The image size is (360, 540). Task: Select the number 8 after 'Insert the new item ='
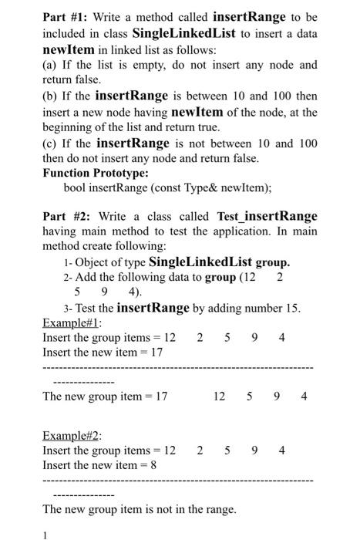pos(153,465)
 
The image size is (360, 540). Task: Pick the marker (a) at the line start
pos(51,65)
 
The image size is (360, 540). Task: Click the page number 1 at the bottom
pos(45,534)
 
